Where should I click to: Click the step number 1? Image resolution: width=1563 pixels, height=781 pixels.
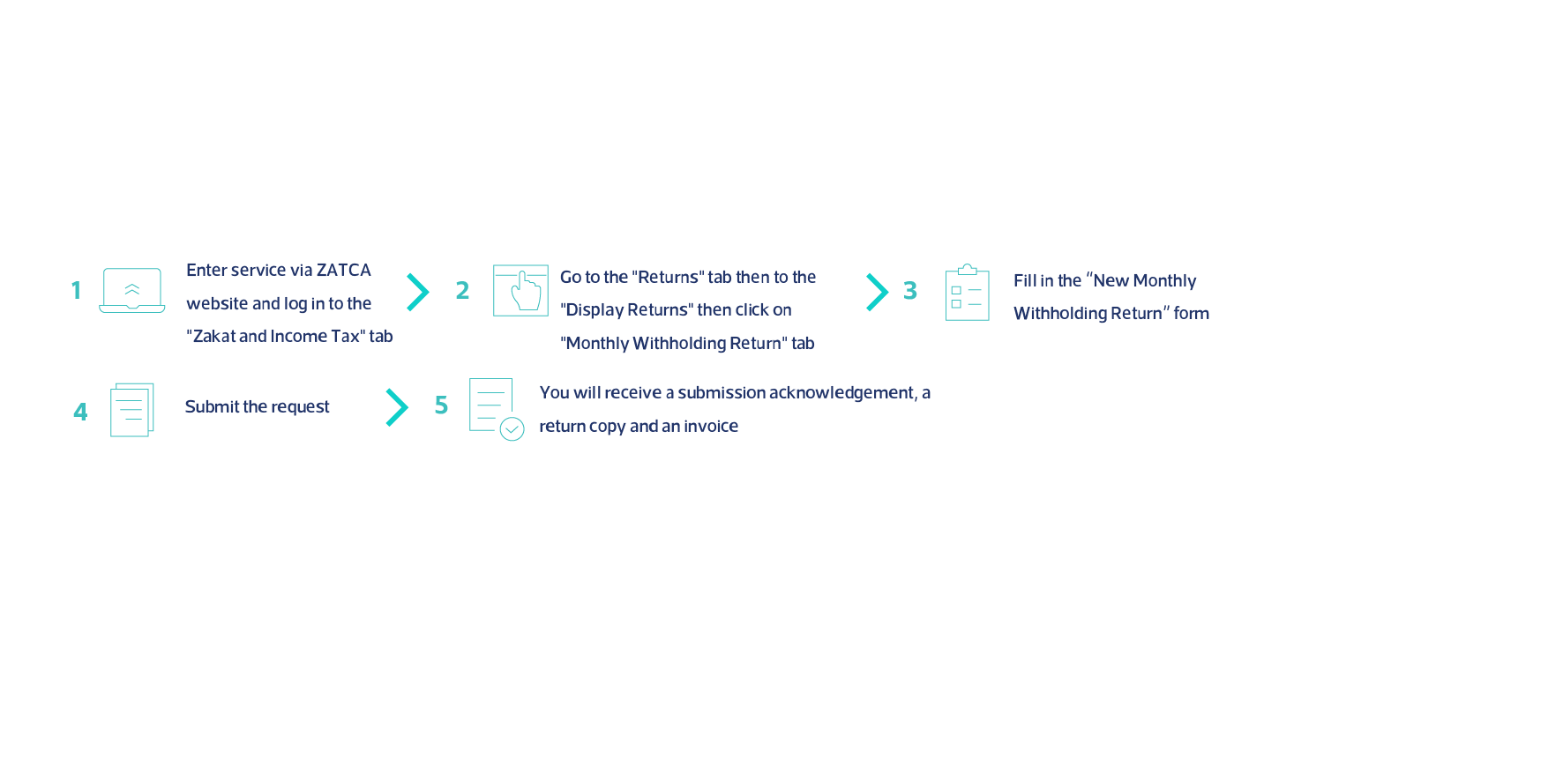[77, 290]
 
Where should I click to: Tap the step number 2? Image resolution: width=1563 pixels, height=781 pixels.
[462, 290]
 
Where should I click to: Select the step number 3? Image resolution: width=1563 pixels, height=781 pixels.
[910, 290]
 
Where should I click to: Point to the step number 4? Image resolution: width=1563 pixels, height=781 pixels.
[80, 412]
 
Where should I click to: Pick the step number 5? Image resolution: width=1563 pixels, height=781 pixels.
[442, 405]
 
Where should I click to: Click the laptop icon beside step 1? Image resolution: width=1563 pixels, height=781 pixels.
[132, 290]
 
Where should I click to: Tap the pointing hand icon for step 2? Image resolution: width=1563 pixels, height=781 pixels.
[527, 291]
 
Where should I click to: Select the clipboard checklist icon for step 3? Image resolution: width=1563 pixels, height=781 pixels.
[968, 292]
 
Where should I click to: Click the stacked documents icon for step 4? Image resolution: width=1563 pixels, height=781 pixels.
[132, 410]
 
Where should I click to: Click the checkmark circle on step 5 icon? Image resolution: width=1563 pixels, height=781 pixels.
[512, 429]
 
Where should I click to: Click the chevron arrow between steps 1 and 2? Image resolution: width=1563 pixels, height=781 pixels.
[418, 292]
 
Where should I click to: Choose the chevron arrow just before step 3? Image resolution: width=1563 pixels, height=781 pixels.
[877, 292]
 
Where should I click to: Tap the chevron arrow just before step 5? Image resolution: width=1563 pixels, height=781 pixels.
[397, 407]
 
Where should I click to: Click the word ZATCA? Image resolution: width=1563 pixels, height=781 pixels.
[344, 271]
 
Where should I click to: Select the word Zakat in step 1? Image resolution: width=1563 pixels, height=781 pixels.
[213, 336]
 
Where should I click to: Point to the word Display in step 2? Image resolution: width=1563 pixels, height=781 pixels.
[595, 310]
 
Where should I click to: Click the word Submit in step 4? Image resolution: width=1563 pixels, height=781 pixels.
[212, 406]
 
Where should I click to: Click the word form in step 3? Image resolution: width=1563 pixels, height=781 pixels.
[1192, 314]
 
